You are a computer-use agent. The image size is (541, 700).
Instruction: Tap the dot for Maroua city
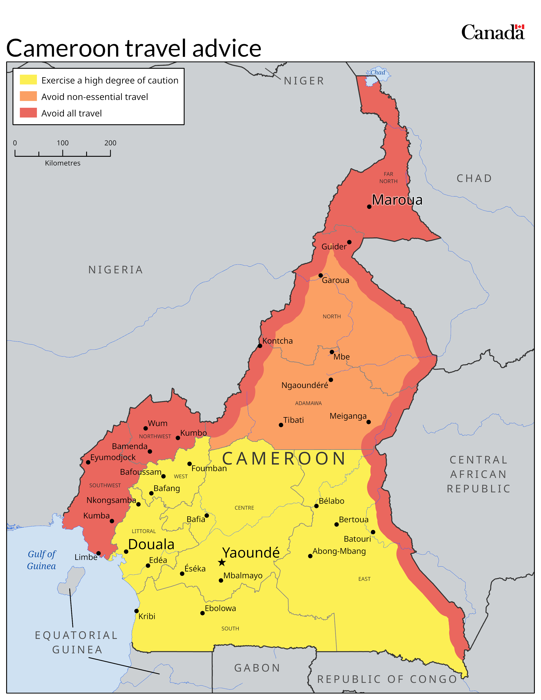(x=369, y=207)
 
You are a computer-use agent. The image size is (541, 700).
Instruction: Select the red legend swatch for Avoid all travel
(x=28, y=113)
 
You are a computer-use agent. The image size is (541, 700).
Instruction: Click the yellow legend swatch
(x=28, y=80)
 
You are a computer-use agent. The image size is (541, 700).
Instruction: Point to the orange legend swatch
(x=28, y=96)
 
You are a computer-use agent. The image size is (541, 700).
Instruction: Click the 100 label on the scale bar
(x=63, y=143)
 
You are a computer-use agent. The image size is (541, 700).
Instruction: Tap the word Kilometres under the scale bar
(x=63, y=163)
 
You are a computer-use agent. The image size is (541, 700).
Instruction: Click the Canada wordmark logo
(x=493, y=32)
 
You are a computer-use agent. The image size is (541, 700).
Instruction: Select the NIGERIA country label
(x=115, y=270)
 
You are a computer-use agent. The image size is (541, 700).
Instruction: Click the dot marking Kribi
(x=136, y=611)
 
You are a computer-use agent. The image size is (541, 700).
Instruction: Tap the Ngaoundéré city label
(x=304, y=385)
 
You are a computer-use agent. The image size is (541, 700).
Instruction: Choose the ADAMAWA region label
(x=308, y=403)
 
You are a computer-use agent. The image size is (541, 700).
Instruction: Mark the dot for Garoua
(x=321, y=275)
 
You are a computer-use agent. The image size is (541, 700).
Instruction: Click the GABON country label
(x=257, y=668)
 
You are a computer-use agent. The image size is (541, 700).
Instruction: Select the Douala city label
(x=151, y=545)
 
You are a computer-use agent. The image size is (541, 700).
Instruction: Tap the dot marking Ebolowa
(x=202, y=613)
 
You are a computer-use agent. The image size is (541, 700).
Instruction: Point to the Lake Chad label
(x=378, y=72)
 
